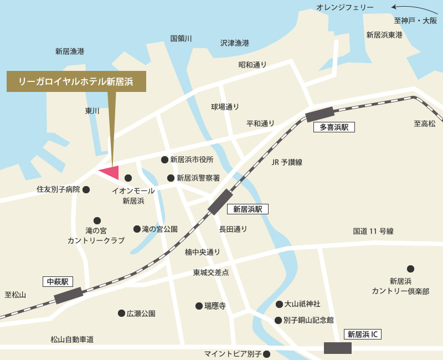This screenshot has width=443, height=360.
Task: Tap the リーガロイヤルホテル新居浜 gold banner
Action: pos(76,81)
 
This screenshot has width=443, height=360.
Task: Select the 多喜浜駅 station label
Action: pos(334,127)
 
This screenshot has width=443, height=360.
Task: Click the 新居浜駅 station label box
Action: pos(248,209)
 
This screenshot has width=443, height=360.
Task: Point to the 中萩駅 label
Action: pos(58,281)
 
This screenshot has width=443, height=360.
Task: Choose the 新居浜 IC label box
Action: pos(363,335)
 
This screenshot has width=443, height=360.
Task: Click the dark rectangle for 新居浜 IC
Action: pos(338,348)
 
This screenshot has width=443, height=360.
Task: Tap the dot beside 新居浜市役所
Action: pos(164,160)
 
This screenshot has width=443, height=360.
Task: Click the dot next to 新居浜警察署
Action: pos(171,178)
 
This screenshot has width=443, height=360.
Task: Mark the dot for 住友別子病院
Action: pos(86,189)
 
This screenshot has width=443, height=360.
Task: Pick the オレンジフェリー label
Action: pos(345,7)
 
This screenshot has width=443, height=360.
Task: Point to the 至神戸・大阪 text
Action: pos(415,21)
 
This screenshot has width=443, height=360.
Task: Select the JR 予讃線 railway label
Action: pos(287,162)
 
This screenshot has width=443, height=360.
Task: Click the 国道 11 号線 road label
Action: pos(373,232)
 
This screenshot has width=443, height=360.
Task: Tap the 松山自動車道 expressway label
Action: pos(72,340)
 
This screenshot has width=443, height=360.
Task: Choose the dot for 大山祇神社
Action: pos(279,305)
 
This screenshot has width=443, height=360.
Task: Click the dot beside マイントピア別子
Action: pos(266,354)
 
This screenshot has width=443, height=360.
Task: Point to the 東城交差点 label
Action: pos(211,272)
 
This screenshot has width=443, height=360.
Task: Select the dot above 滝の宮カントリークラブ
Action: pos(97,220)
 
